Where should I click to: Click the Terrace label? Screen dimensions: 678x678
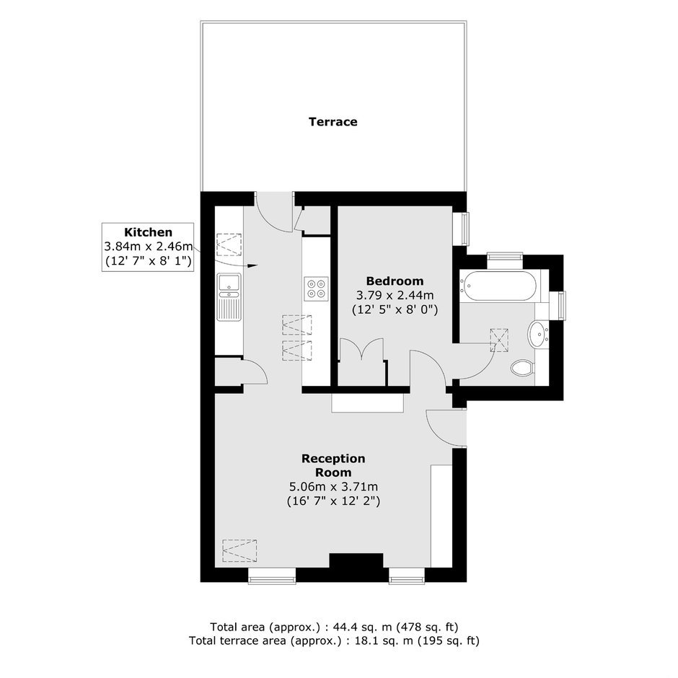pos(333,122)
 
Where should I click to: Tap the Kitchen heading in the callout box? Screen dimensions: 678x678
pos(148,232)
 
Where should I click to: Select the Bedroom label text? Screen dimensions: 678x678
pos(395,281)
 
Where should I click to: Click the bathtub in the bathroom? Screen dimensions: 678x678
pos(498,286)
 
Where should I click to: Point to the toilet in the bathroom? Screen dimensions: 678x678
pos(522,369)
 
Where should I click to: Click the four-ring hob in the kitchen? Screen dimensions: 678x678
pos(316,289)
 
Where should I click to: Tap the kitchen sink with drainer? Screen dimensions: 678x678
pos(229,297)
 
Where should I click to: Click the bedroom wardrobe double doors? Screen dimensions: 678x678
pos(361,348)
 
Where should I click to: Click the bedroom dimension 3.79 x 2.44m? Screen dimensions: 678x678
pos(395,296)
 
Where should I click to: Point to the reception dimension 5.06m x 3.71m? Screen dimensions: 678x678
pos(333,487)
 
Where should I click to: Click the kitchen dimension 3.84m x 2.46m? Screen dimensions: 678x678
pos(148,247)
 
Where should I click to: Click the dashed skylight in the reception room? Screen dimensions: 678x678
pos(239,550)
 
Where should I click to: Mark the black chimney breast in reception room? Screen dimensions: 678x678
pos(356,561)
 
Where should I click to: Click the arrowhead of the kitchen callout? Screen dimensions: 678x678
pos(253,265)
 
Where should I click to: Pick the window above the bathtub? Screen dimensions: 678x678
pos(505,256)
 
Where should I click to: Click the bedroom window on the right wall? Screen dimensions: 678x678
pos(465,229)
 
